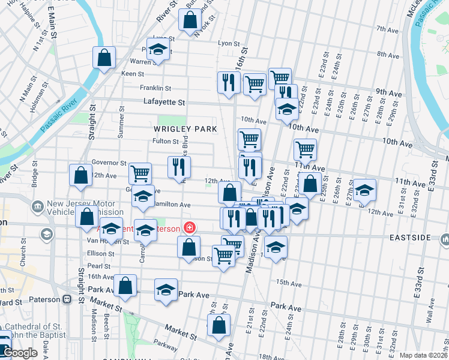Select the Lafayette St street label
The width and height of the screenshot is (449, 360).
(x=164, y=103)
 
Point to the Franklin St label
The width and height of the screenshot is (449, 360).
(x=152, y=88)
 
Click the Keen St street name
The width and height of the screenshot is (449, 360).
(x=133, y=74)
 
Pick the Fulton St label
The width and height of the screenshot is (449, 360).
(x=166, y=142)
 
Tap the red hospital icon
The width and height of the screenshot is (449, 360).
(x=190, y=228)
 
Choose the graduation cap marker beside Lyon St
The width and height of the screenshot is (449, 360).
(x=158, y=49)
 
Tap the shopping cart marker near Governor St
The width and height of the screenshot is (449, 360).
(x=140, y=173)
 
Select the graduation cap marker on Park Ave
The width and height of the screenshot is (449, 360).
(x=166, y=289)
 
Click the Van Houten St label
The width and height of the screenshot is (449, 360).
(x=108, y=242)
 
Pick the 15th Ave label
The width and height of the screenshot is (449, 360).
(x=289, y=282)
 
